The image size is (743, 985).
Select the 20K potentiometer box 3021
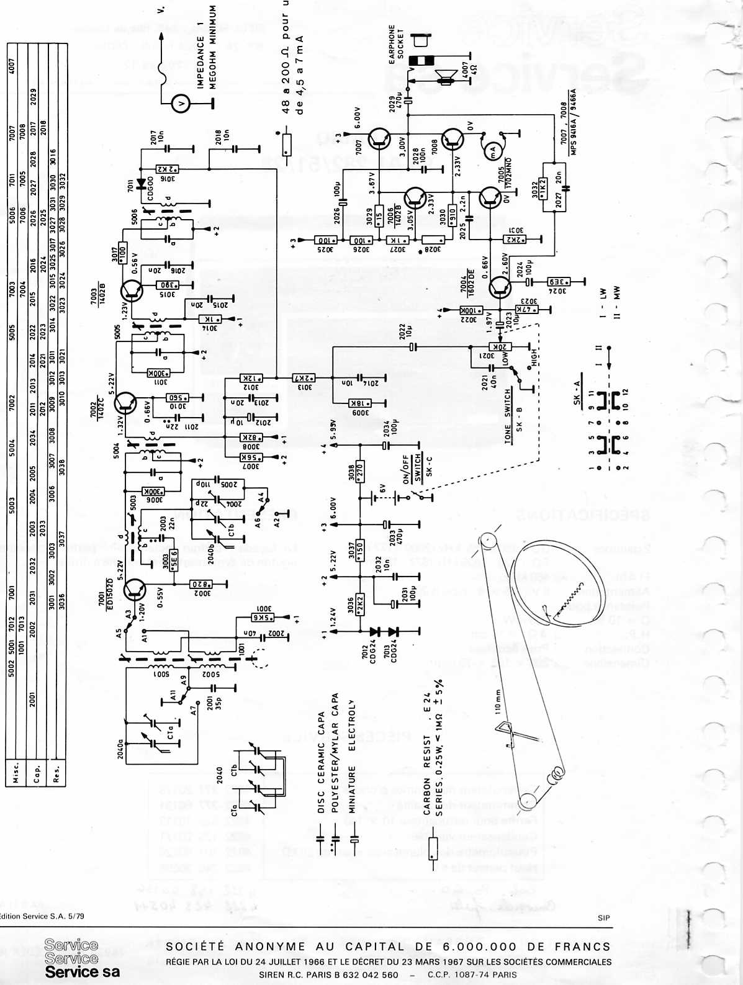click(x=498, y=348)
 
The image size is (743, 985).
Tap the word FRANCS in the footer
click(x=585, y=947)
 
